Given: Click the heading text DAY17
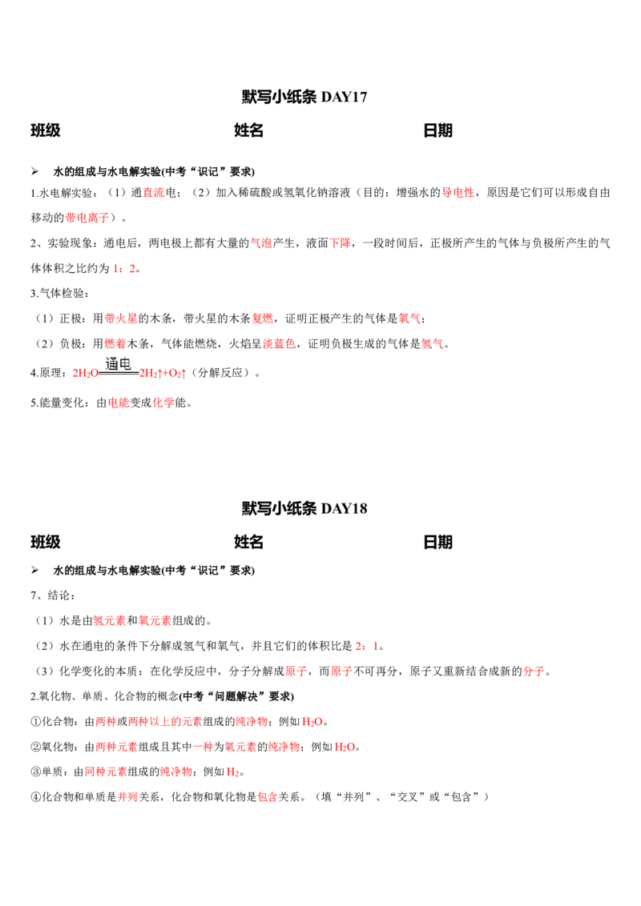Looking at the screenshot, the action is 344,97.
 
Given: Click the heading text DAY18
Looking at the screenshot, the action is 344,508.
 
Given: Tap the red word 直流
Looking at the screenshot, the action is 154,192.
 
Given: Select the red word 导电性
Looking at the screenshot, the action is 458,192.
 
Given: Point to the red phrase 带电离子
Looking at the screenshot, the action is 87,218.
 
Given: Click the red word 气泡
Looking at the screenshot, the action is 261,243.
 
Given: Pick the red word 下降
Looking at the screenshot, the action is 341,243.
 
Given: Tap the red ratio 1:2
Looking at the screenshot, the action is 124,269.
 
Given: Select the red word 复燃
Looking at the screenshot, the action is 263,319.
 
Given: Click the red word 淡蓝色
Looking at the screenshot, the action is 280,344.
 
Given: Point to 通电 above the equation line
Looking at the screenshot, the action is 118,364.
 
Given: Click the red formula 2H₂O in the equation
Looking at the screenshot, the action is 86,373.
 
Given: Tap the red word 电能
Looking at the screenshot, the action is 119,403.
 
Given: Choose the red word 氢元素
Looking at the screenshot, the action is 109,620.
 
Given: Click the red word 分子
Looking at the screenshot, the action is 534,671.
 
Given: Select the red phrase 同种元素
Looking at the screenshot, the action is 105,772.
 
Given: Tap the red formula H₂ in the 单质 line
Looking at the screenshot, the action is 232,772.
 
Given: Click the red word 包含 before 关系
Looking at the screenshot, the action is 268,797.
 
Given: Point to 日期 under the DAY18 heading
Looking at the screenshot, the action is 438,542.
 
